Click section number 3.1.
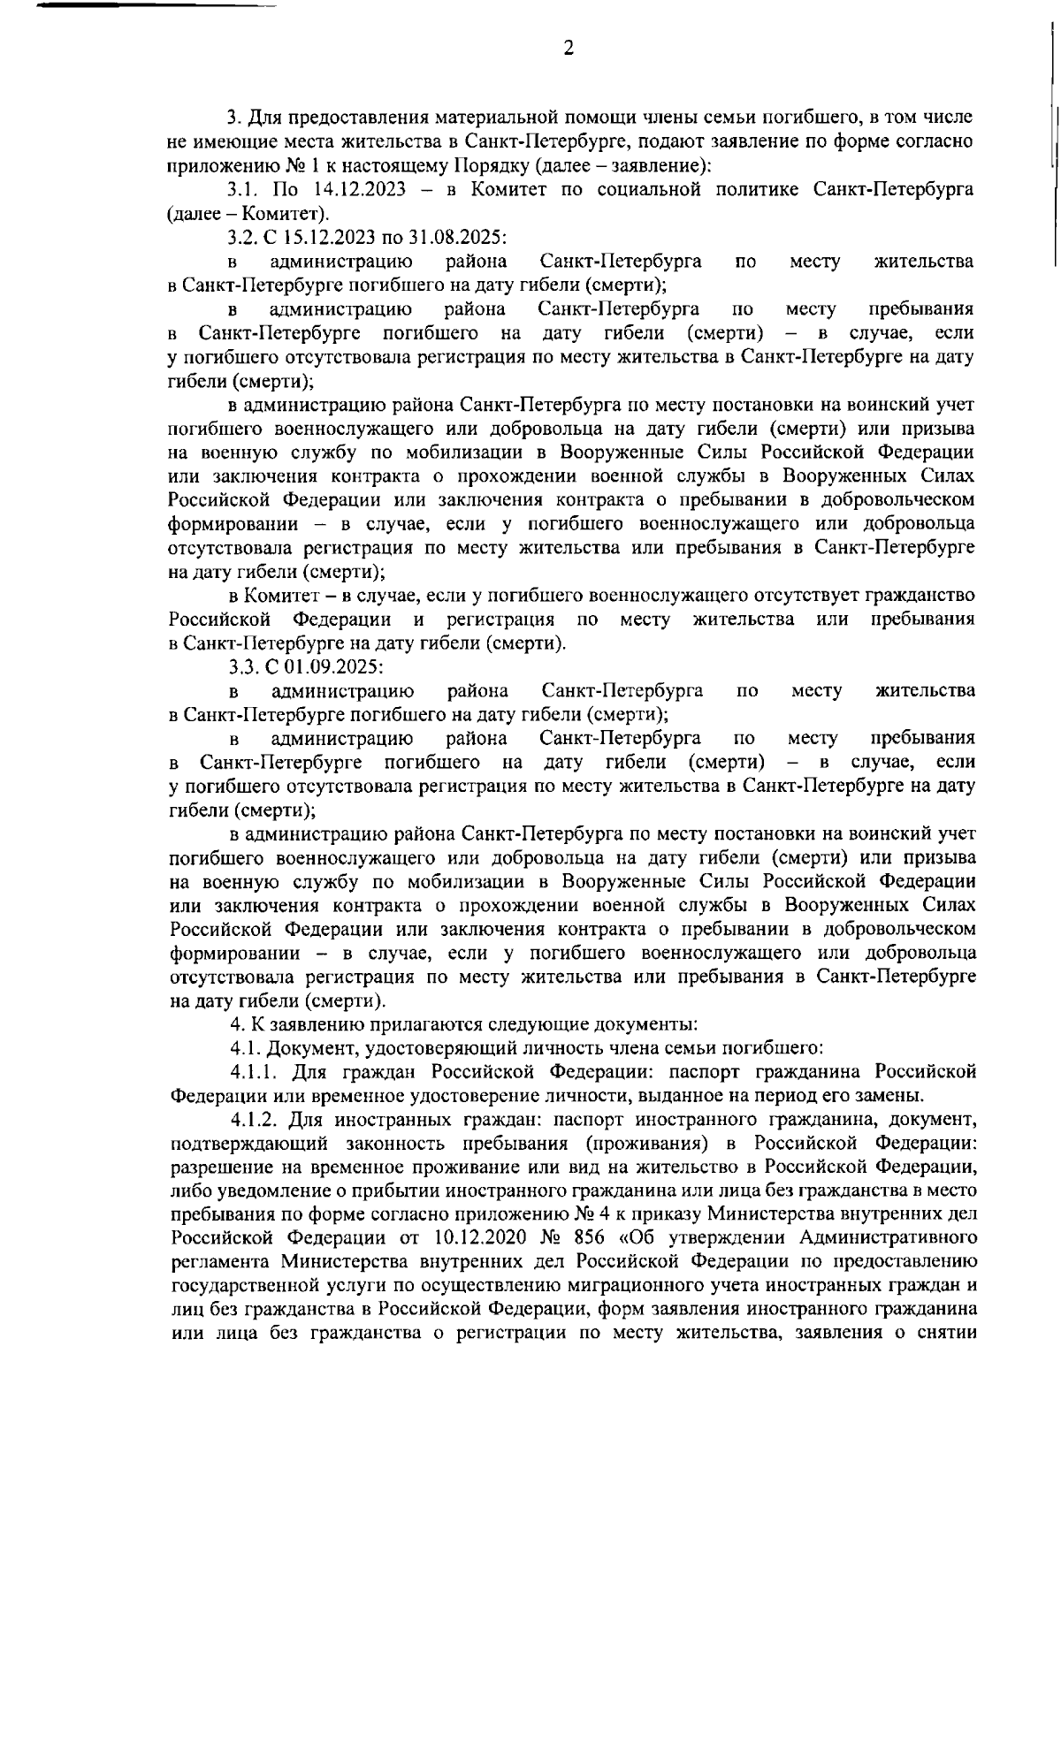tap(242, 189)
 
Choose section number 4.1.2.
tap(256, 1120)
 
